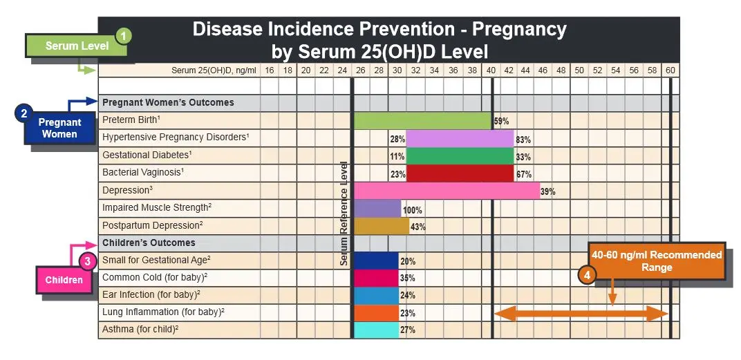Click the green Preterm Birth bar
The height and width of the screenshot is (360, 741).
click(422, 120)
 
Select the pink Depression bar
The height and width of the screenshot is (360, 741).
click(447, 191)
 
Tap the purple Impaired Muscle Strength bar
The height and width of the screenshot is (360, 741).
click(377, 209)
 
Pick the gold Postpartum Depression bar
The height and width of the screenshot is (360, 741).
click(382, 226)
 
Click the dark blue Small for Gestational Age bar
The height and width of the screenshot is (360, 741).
click(376, 261)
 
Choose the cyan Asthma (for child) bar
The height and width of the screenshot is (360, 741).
click(376, 330)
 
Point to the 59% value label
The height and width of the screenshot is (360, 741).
click(501, 121)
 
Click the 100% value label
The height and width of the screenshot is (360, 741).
click(412, 209)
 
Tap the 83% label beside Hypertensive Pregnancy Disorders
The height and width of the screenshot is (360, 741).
click(523, 140)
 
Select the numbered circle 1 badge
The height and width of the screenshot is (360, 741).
click(123, 35)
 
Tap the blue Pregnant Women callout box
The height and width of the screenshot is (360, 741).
click(59, 128)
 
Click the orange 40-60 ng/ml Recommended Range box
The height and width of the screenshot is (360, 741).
click(656, 260)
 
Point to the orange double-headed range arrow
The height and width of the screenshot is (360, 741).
click(581, 314)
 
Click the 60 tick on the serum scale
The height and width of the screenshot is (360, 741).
click(670, 70)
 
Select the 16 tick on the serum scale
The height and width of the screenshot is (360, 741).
click(270, 70)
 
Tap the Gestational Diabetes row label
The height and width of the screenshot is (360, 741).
click(147, 155)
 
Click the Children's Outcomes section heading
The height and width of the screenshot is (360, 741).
click(149, 243)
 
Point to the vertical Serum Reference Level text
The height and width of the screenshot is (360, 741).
click(344, 214)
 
